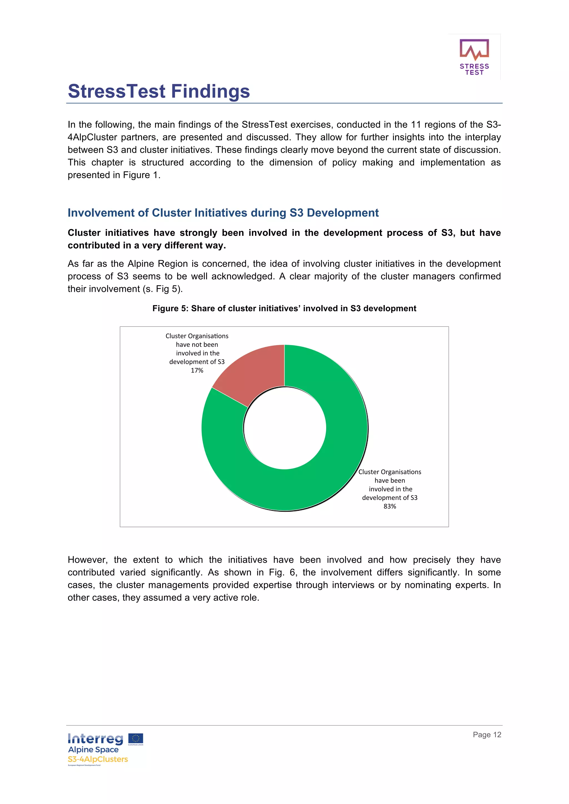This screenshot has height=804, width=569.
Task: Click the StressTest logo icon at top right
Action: pos(474,50)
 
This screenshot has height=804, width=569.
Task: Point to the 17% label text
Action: pos(197,370)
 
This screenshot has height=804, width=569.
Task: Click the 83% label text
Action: pos(390,506)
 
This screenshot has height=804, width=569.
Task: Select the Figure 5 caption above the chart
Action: pos(284,309)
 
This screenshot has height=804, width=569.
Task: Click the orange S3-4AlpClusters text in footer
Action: pos(98,759)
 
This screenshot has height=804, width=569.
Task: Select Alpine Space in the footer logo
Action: pos(93,750)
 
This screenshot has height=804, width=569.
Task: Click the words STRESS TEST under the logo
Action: pos(474,69)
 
